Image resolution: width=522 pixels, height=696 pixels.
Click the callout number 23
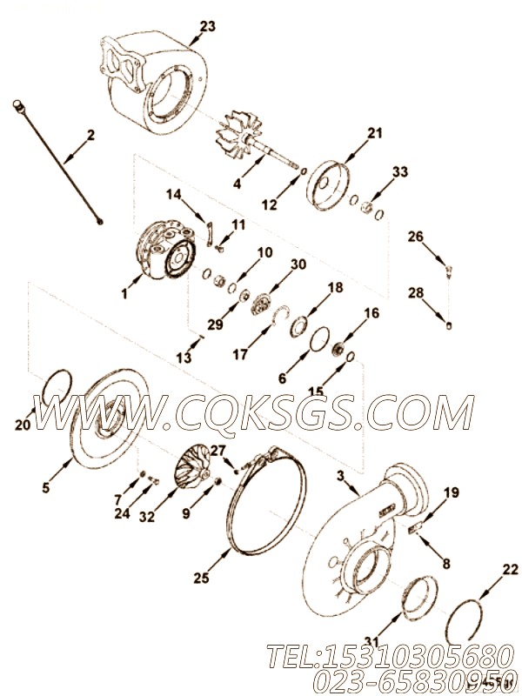[x=207, y=26]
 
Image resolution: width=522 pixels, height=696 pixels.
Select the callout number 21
[x=375, y=133]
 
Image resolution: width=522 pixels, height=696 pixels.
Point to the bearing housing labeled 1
[x=164, y=253]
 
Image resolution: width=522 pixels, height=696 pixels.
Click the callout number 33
[x=400, y=171]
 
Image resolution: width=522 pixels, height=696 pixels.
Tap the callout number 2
[x=90, y=135]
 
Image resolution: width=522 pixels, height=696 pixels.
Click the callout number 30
[x=298, y=264]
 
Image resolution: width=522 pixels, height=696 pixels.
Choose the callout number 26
[x=416, y=237]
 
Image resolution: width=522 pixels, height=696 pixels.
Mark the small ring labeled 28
[x=449, y=325]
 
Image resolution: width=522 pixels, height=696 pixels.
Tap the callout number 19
[x=452, y=492]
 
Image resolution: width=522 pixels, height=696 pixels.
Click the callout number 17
[x=240, y=354]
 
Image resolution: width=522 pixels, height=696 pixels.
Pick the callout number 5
[x=46, y=487]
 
